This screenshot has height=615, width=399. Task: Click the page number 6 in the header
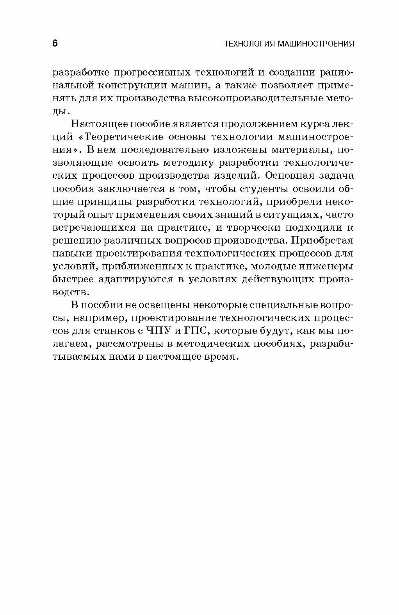(55, 43)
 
